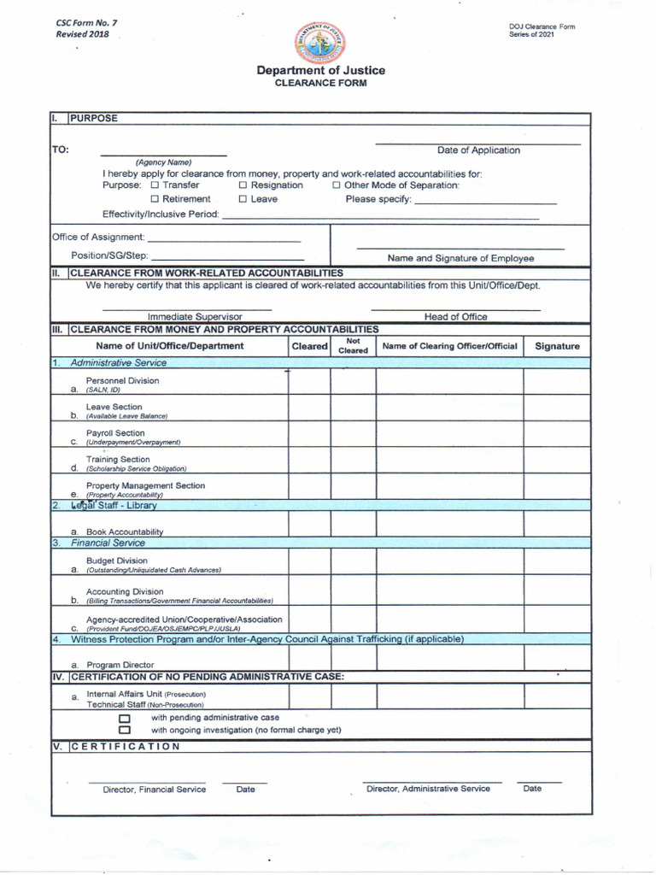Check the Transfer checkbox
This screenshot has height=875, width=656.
click(155, 185)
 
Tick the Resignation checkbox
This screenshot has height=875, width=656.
click(243, 185)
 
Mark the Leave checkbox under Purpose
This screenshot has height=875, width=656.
click(243, 199)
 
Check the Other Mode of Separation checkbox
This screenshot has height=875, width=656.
click(337, 185)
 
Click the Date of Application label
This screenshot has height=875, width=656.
click(478, 150)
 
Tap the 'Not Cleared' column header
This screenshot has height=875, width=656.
click(353, 345)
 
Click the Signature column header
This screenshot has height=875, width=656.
click(557, 346)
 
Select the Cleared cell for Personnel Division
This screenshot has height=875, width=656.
click(309, 382)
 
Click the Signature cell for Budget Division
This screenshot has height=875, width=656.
click(557, 562)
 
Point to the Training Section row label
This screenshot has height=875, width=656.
click(118, 460)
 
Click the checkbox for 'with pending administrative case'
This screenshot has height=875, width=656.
click(125, 719)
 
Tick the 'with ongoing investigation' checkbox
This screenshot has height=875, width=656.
click(125, 731)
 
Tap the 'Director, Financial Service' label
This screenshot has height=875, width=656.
click(155, 790)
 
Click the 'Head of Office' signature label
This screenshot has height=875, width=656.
click(455, 317)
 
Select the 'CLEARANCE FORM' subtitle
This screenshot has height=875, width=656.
click(320, 84)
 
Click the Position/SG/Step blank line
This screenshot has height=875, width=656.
click(227, 256)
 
